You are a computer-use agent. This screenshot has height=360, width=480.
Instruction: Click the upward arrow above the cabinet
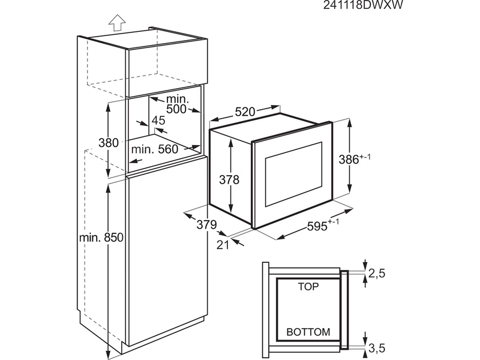pyautogui.click(x=116, y=23)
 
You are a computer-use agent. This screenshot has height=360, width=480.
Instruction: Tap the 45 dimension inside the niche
pyautogui.click(x=158, y=121)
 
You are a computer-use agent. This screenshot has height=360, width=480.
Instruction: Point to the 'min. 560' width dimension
pyautogui.click(x=155, y=149)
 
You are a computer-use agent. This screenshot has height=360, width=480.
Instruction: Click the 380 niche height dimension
pyautogui.click(x=108, y=143)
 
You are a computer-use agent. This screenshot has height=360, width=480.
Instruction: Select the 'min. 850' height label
pyautogui.click(x=101, y=238)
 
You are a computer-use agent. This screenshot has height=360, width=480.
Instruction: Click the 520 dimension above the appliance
pyautogui.click(x=245, y=112)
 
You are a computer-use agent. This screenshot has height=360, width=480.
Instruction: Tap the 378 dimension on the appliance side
pyautogui.click(x=229, y=179)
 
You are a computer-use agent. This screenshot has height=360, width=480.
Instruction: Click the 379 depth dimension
pyautogui.click(x=206, y=225)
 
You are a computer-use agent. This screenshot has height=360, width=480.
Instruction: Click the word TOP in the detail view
pyautogui.click(x=308, y=287)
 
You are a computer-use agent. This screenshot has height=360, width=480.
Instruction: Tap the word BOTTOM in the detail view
pyautogui.click(x=308, y=332)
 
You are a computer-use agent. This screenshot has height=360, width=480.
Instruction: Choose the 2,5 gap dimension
pyautogui.click(x=376, y=274)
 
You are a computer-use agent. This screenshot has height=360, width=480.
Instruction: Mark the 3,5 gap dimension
pyautogui.click(x=376, y=347)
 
